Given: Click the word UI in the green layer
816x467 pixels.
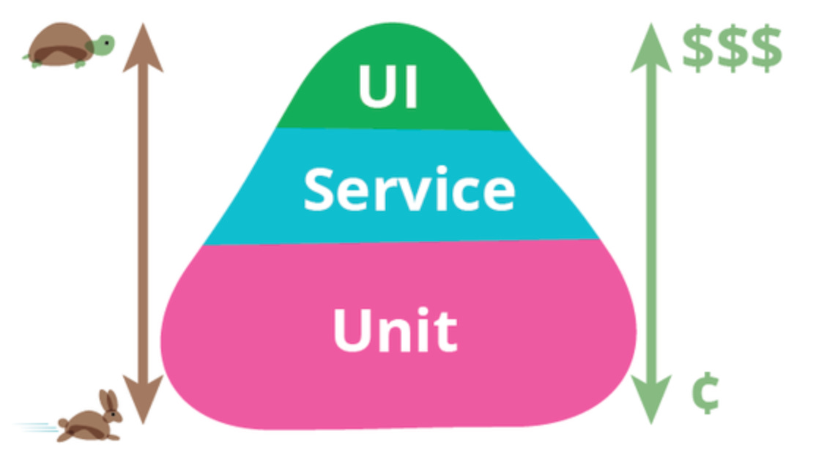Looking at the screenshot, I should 387,86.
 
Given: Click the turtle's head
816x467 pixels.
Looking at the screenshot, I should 103,45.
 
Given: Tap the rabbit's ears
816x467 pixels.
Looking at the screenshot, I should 109,402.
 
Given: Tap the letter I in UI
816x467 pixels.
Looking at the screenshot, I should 409,86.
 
